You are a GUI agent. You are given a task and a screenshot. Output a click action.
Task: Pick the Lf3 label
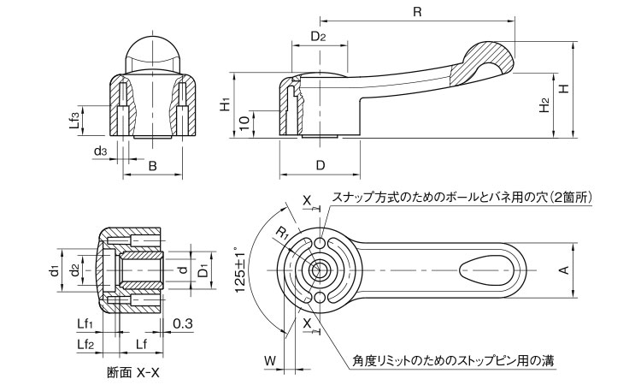(76, 119)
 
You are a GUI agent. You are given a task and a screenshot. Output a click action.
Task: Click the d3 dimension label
(100, 151)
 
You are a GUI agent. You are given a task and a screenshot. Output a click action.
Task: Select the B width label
(152, 165)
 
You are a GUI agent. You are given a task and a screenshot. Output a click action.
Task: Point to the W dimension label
(270, 360)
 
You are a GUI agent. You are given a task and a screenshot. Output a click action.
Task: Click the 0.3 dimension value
(182, 323)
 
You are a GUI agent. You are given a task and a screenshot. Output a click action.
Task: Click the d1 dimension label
(53, 270)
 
